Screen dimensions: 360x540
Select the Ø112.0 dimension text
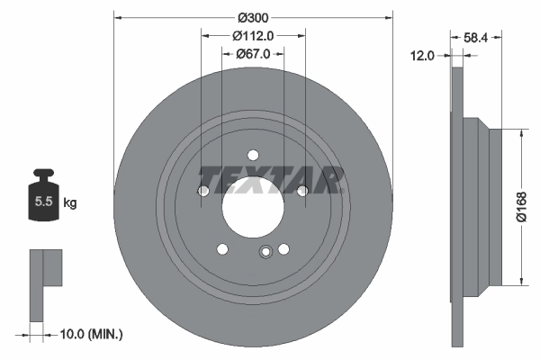click(x=253, y=36)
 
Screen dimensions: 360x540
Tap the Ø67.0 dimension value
click(x=254, y=54)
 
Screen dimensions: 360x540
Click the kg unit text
click(x=70, y=203)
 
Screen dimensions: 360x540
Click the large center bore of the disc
click(x=253, y=205)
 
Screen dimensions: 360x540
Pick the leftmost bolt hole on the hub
click(x=203, y=191)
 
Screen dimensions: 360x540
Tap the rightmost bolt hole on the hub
click(x=302, y=190)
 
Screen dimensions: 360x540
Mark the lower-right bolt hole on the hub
click(x=283, y=249)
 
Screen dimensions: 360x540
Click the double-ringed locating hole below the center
click(x=265, y=253)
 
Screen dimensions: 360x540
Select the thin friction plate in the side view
click(x=456, y=207)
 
